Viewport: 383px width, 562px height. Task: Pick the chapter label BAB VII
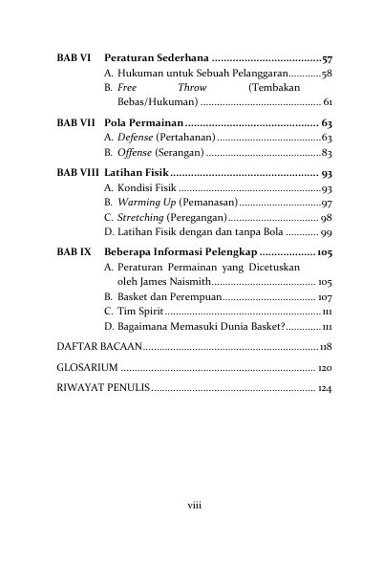(74, 124)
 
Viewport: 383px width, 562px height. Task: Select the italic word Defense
(135, 139)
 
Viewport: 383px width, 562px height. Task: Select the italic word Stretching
(140, 219)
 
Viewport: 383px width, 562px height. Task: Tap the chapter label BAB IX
(72, 251)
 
